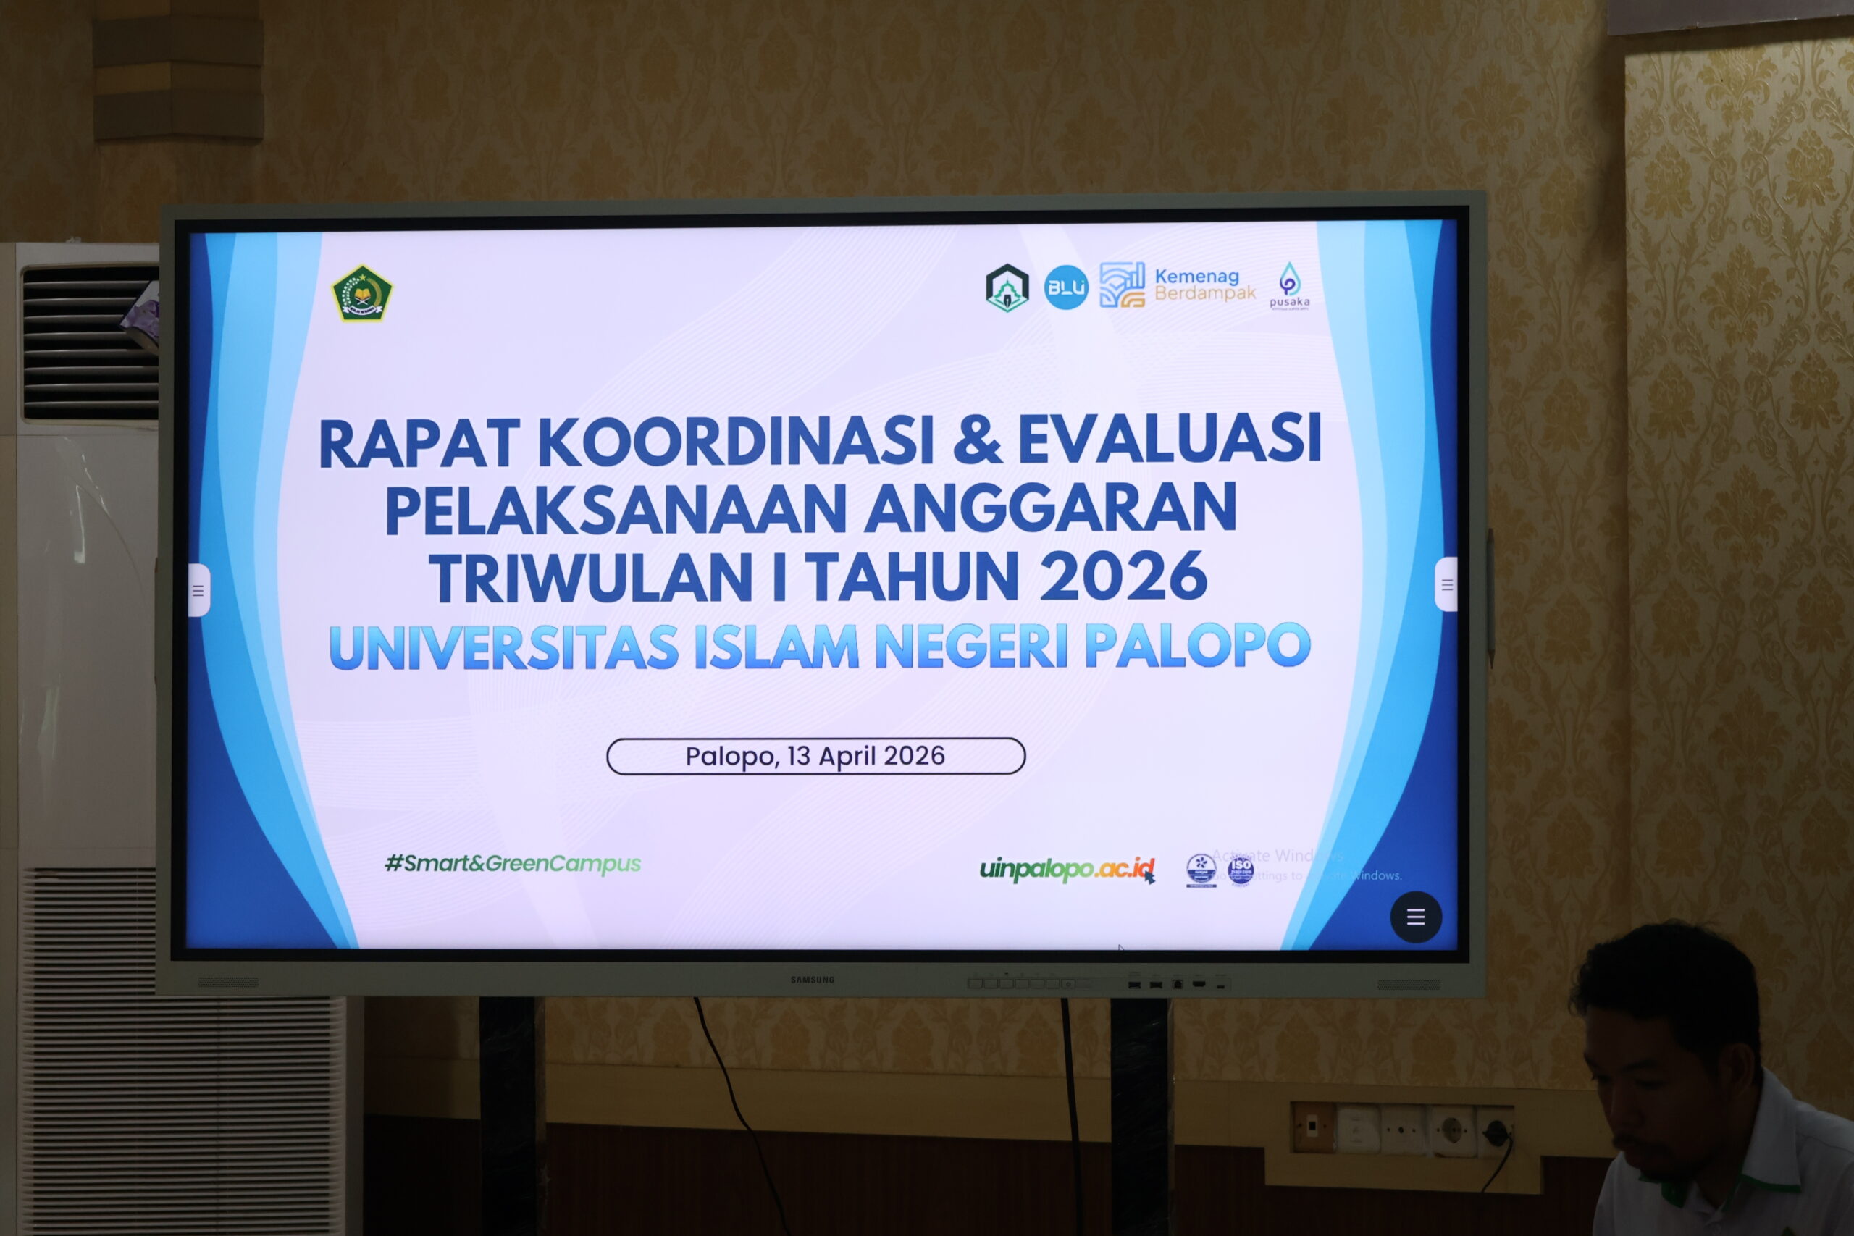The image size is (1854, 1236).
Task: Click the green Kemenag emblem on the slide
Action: [362, 293]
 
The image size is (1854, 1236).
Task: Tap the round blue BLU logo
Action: [1066, 287]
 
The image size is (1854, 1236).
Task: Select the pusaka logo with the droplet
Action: [1290, 286]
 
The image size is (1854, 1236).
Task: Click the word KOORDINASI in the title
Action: [736, 442]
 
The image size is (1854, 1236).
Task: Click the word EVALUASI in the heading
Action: [1169, 438]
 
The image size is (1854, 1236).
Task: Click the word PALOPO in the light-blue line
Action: [1197, 647]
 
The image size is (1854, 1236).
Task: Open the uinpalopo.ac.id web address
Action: [1066, 869]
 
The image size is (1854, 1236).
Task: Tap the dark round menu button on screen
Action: [1416, 917]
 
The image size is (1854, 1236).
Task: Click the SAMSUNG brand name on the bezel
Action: [813, 980]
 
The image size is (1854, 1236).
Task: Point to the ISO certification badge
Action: [1241, 870]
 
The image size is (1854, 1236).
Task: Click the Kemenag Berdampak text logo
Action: [1204, 285]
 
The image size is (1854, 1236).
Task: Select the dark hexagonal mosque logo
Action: [1007, 287]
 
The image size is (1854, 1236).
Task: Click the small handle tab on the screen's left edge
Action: [198, 589]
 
